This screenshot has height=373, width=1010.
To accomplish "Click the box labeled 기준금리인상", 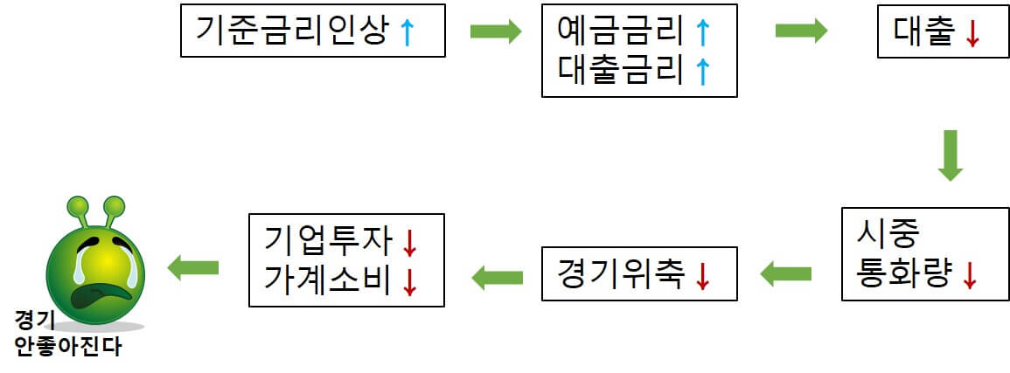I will tap(313, 32).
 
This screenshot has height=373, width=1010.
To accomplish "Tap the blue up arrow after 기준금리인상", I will tap(406, 33).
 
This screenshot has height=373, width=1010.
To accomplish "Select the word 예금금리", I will tap(620, 31).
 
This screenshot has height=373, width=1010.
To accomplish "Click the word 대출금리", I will tap(620, 70).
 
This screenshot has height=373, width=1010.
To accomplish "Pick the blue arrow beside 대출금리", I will tap(701, 71).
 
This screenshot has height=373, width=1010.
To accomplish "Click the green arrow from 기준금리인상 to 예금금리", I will tap(495, 31).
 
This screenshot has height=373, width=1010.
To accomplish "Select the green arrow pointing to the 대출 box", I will tap(801, 31).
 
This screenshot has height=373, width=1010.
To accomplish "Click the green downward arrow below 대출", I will tap(950, 155).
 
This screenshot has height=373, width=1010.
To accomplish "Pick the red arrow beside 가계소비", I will tap(408, 280).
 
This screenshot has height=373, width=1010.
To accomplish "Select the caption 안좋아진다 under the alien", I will tap(68, 348).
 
